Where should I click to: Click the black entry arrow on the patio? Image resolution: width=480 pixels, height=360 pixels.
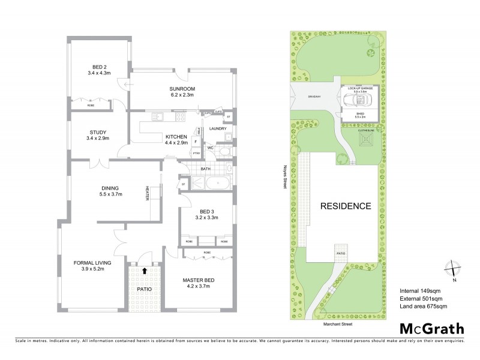[x=145, y=271]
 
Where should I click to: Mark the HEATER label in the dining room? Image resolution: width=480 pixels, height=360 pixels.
[x=147, y=195]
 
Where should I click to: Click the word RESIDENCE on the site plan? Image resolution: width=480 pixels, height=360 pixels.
[x=345, y=206]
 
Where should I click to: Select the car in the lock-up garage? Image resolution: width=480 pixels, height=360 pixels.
[x=360, y=100]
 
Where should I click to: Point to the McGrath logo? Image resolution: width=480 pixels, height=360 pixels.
[x=430, y=328]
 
